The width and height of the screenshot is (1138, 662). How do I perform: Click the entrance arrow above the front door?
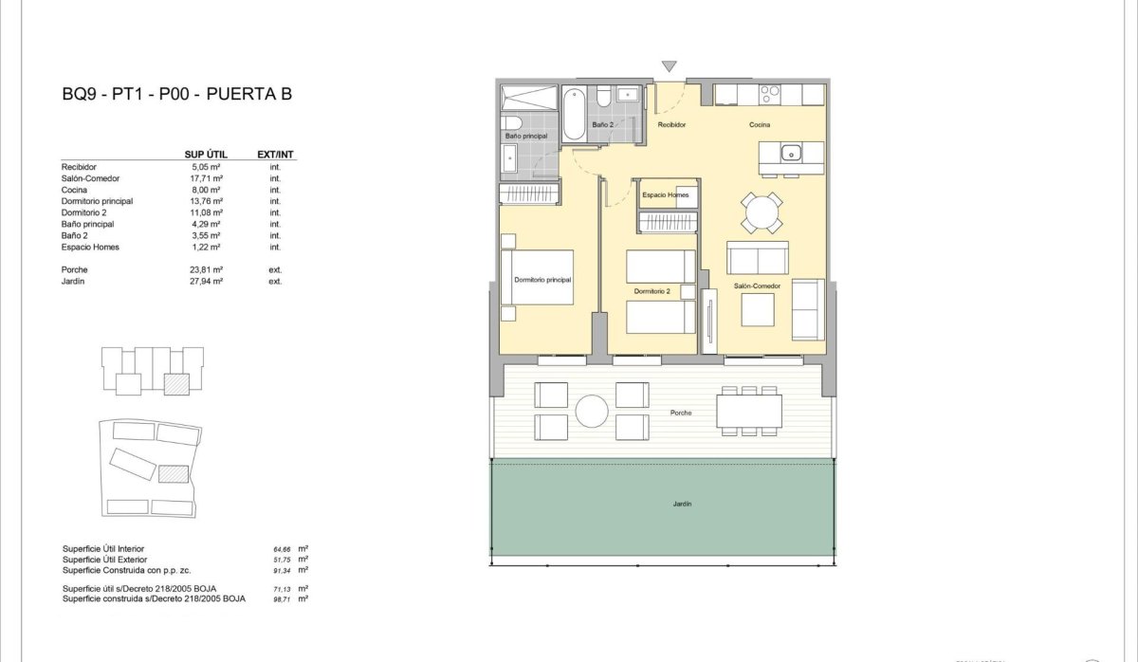(x=670, y=66)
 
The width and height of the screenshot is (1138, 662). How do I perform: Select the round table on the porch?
(x=593, y=410)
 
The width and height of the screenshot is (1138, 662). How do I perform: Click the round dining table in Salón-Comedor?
(x=762, y=212)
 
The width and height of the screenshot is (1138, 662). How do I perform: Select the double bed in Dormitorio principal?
(x=539, y=277)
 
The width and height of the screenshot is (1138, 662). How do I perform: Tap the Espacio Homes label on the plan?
(x=665, y=195)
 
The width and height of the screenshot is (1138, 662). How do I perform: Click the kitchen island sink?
(x=790, y=153)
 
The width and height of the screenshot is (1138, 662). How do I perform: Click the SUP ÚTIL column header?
(x=203, y=154)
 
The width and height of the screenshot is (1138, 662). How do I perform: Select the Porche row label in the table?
(x=74, y=269)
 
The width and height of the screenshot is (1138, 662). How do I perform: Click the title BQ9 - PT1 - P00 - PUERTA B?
(x=176, y=94)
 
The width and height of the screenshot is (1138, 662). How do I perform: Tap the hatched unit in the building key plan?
(x=176, y=383)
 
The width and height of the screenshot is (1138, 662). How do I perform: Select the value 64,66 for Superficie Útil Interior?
(x=283, y=549)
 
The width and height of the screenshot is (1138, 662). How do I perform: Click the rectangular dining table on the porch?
(x=749, y=411)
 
